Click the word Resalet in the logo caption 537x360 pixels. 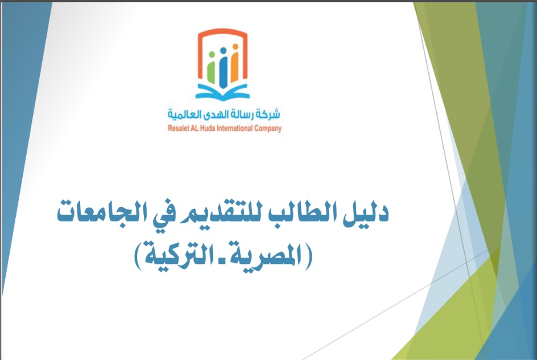(x=177, y=129)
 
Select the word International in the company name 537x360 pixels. (x=234, y=129)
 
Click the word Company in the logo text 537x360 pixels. (x=268, y=129)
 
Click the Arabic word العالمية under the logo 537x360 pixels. (x=181, y=114)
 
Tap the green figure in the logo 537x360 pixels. (x=211, y=68)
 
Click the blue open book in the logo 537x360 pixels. (x=222, y=93)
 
